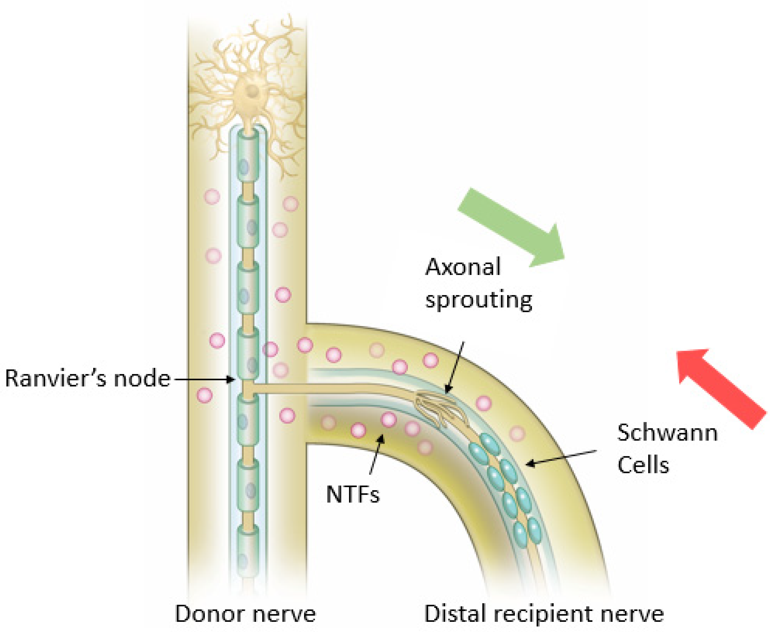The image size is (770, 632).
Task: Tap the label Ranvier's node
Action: coord(88,379)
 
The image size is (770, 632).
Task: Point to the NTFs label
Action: coord(352,495)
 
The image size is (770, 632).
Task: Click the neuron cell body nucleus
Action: coord(251,91)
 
